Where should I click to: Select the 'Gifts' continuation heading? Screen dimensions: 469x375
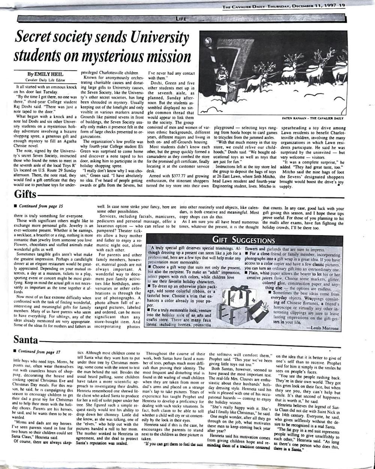(x=25, y=194)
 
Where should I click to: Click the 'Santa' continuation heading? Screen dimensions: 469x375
(x=26, y=340)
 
